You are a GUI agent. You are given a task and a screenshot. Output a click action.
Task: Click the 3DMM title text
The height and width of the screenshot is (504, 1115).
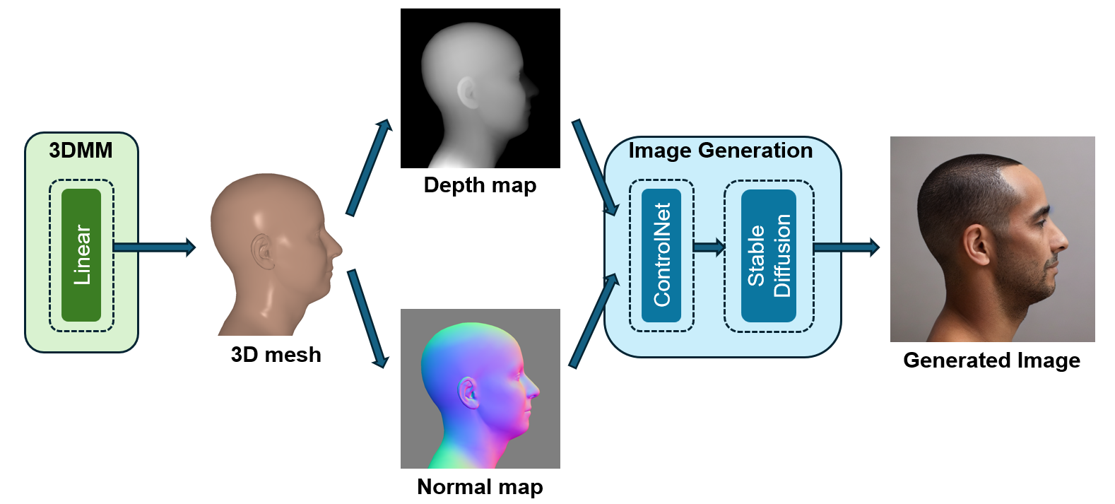click(x=81, y=151)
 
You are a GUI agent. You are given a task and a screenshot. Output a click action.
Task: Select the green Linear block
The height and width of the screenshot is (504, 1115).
click(x=81, y=255)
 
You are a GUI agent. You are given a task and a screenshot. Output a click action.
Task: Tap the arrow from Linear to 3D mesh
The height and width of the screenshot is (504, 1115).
click(x=155, y=247)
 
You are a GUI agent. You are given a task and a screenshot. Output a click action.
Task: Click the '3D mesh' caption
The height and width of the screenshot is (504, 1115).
click(x=276, y=355)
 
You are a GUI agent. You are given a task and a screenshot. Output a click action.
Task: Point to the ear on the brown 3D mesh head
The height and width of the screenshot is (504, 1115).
click(x=262, y=252)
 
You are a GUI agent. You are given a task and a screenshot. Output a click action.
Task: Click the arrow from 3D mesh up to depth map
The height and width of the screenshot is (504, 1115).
click(x=369, y=168)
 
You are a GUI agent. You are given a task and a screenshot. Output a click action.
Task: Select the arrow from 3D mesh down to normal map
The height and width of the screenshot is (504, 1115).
click(x=368, y=319)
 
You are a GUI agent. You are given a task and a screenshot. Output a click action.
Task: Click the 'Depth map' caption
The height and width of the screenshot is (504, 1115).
click(x=480, y=185)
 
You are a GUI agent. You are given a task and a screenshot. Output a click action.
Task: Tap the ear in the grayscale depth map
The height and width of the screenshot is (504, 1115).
click(x=468, y=93)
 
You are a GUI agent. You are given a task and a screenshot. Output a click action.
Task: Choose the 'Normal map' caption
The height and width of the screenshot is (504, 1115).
click(x=480, y=486)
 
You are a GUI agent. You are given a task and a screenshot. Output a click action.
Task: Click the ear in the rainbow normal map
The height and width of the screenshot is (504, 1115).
click(x=468, y=393)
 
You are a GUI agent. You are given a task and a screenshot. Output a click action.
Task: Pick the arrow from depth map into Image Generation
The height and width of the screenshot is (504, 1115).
click(x=596, y=168)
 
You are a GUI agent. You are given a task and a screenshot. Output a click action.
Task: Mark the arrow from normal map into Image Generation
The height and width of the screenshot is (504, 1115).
click(x=594, y=321)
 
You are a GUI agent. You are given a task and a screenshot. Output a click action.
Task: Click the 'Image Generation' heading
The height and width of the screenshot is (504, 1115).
click(x=720, y=151)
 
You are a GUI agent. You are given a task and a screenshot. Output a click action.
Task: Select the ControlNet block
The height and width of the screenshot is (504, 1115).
click(x=661, y=255)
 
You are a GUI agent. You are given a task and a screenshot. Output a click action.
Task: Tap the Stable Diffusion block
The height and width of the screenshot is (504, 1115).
click(x=769, y=255)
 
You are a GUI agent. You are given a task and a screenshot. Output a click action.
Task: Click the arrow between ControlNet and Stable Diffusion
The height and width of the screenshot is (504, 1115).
click(x=709, y=247)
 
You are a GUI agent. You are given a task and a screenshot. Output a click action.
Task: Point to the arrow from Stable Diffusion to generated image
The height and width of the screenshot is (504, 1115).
click(x=846, y=247)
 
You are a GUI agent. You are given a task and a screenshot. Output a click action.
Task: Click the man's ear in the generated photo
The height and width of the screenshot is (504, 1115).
click(x=977, y=245)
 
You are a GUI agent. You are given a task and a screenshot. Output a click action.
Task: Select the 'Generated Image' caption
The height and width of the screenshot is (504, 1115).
click(x=991, y=361)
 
